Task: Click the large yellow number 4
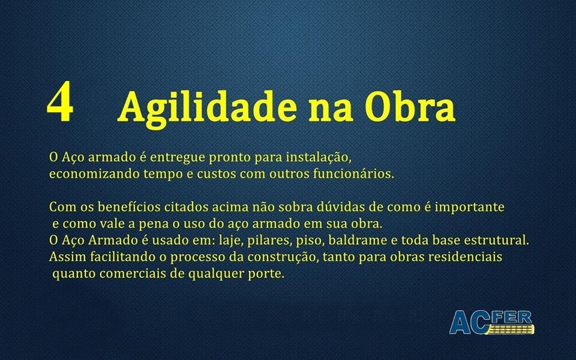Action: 60,101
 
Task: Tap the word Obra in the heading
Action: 410,106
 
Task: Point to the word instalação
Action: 319,158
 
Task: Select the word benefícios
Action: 130,207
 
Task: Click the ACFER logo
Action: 491,322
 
